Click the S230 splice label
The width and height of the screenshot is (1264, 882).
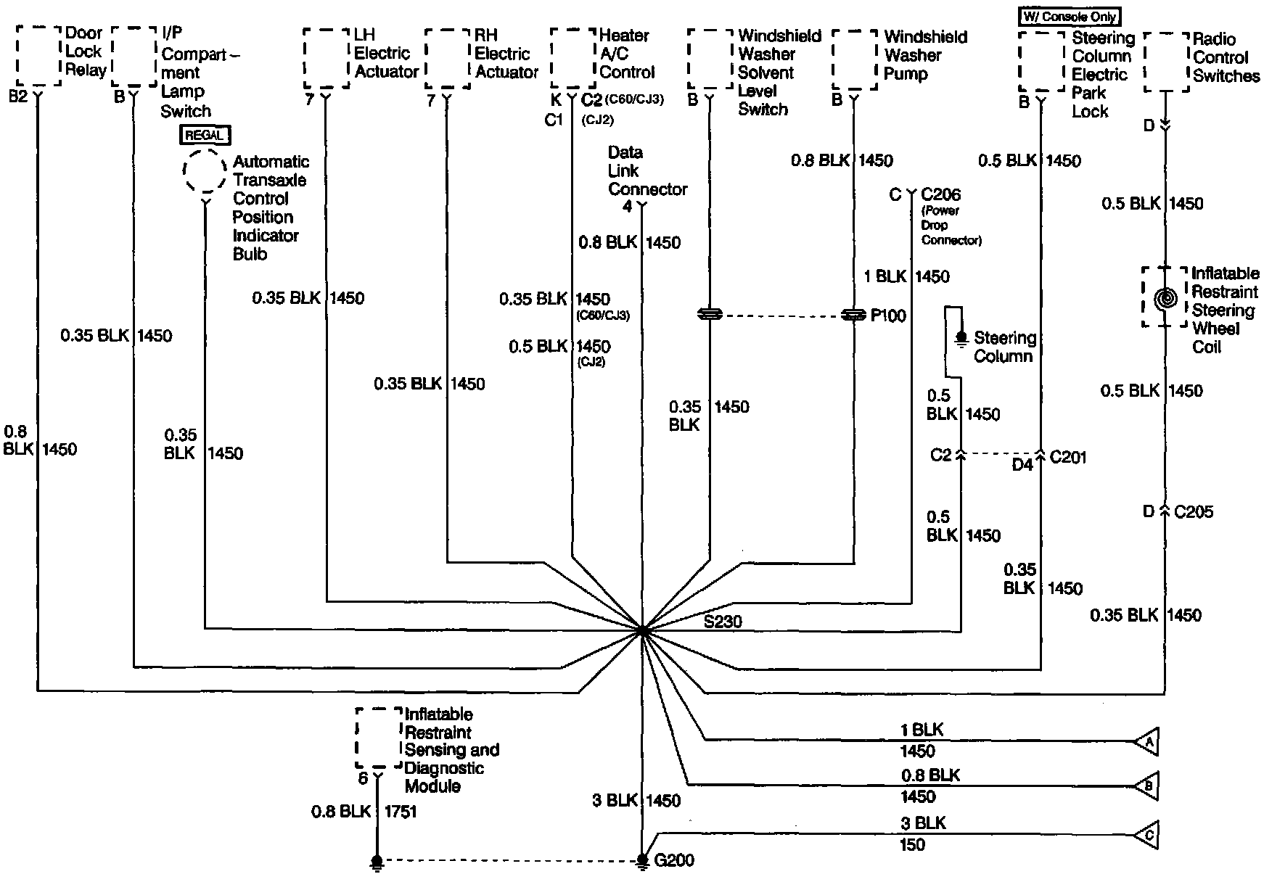pyautogui.click(x=723, y=621)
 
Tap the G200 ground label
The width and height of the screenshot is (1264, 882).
pyautogui.click(x=674, y=860)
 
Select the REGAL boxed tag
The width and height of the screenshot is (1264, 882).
pyautogui.click(x=205, y=135)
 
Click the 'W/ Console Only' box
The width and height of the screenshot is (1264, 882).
pyautogui.click(x=1070, y=16)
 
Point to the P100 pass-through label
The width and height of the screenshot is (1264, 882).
pyautogui.click(x=888, y=316)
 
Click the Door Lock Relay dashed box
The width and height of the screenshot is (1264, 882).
pyautogui.click(x=38, y=56)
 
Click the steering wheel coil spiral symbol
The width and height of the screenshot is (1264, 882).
pyautogui.click(x=1165, y=298)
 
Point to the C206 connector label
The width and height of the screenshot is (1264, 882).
pyautogui.click(x=940, y=194)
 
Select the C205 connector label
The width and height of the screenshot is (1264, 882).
pyautogui.click(x=1193, y=512)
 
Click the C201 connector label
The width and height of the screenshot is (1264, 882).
pyautogui.click(x=1068, y=457)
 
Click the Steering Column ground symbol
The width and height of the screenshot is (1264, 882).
pyautogui.click(x=962, y=338)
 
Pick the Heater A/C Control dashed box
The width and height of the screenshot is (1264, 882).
pyautogui.click(x=573, y=58)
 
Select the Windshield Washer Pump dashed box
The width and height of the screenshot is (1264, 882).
pyautogui.click(x=855, y=59)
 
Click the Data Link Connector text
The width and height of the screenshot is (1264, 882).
pyautogui.click(x=647, y=171)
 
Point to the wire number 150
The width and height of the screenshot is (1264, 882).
pyautogui.click(x=912, y=844)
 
